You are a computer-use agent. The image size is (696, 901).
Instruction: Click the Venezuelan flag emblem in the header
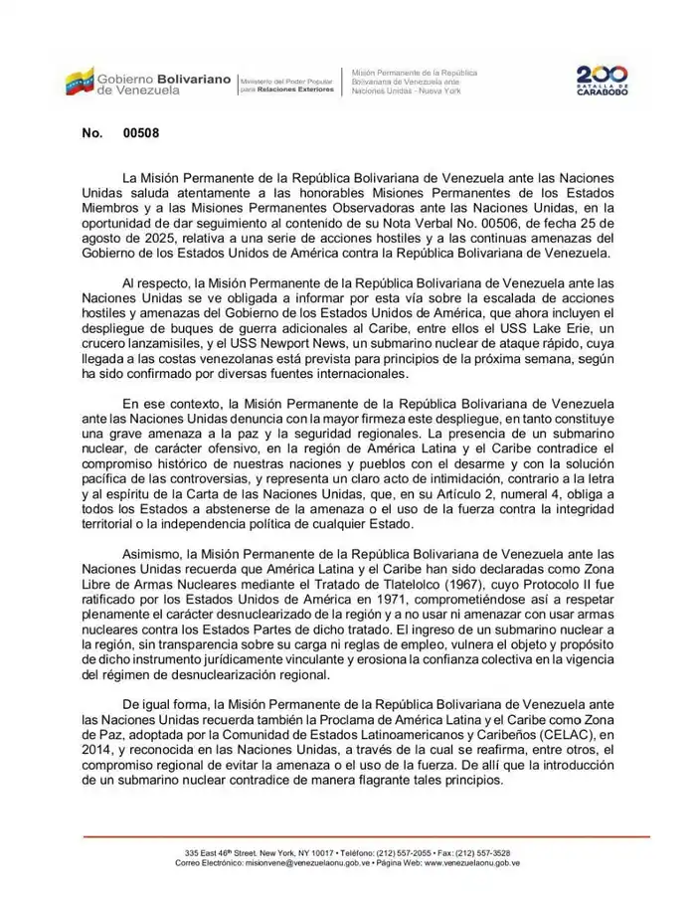tap(80, 81)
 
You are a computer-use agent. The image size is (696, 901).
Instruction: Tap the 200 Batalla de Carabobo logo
tap(603, 81)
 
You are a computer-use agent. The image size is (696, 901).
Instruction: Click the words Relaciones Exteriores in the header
tap(294, 90)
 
